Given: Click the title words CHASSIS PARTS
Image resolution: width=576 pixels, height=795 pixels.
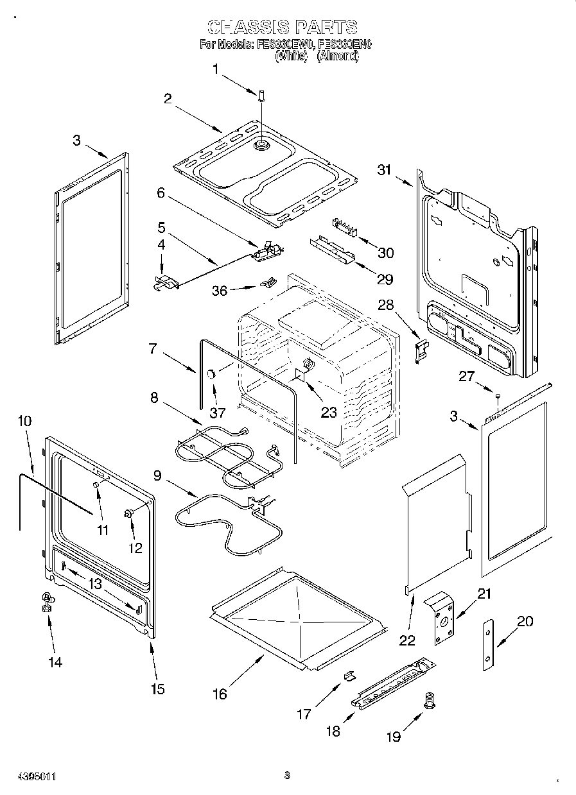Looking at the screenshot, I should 283,27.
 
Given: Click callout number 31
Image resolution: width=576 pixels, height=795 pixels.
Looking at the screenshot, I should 385,169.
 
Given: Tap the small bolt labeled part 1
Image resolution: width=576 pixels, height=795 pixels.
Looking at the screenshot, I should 262,96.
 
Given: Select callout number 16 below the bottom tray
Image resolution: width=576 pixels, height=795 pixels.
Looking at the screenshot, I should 220,694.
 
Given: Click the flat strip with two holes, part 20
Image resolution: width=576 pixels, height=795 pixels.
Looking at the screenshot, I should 489,645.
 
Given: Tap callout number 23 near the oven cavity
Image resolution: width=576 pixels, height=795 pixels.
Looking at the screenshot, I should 329,413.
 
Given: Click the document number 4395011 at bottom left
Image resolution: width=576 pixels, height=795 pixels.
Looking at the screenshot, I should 29,776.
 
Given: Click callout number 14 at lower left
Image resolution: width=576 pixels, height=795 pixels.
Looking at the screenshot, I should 56,662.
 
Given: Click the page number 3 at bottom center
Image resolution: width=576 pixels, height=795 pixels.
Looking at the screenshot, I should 287,775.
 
